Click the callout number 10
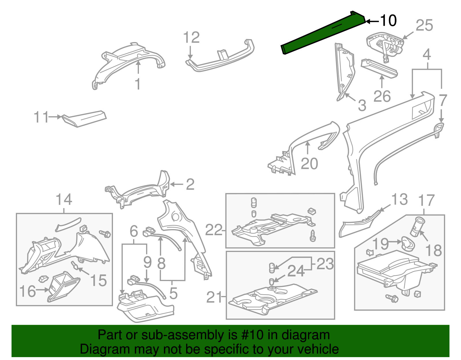(388, 20)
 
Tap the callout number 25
(424, 25)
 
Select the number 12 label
(191, 37)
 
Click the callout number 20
(309, 164)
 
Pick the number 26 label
(382, 96)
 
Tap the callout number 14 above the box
(64, 199)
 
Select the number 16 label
(28, 291)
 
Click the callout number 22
(214, 230)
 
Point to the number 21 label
(214, 297)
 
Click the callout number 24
(296, 271)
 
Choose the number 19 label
(381, 244)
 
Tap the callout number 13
(399, 199)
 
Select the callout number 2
(190, 184)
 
